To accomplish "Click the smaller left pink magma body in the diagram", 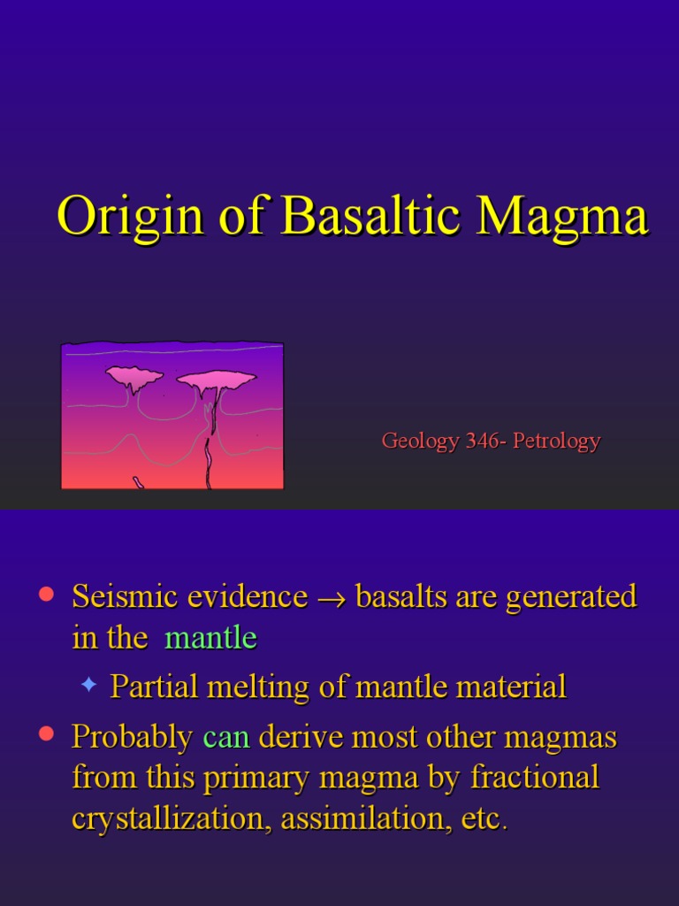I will pos(134,378).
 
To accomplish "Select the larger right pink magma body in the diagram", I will pos(217,380).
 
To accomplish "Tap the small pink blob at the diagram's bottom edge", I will pos(139,483).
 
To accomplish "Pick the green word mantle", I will pos(210,638).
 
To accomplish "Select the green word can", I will pos(226,737).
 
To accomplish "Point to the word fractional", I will pos(535,778).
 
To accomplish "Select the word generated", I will pos(571,597).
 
